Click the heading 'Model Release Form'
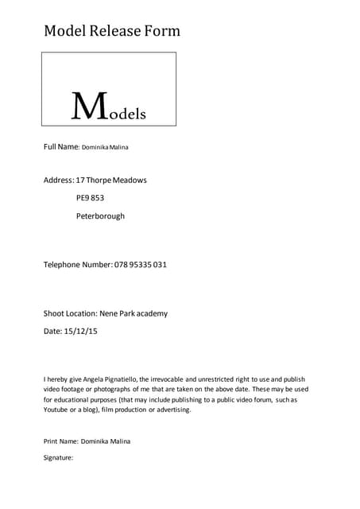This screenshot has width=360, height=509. click(112, 32)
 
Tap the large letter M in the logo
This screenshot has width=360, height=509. click(87, 106)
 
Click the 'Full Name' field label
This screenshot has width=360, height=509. click(60, 147)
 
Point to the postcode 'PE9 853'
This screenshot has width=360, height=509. click(91, 198)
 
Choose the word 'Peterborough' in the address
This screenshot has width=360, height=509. click(100, 216)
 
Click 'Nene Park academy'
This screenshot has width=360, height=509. click(134, 313)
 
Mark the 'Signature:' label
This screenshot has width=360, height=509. click(58, 457)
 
